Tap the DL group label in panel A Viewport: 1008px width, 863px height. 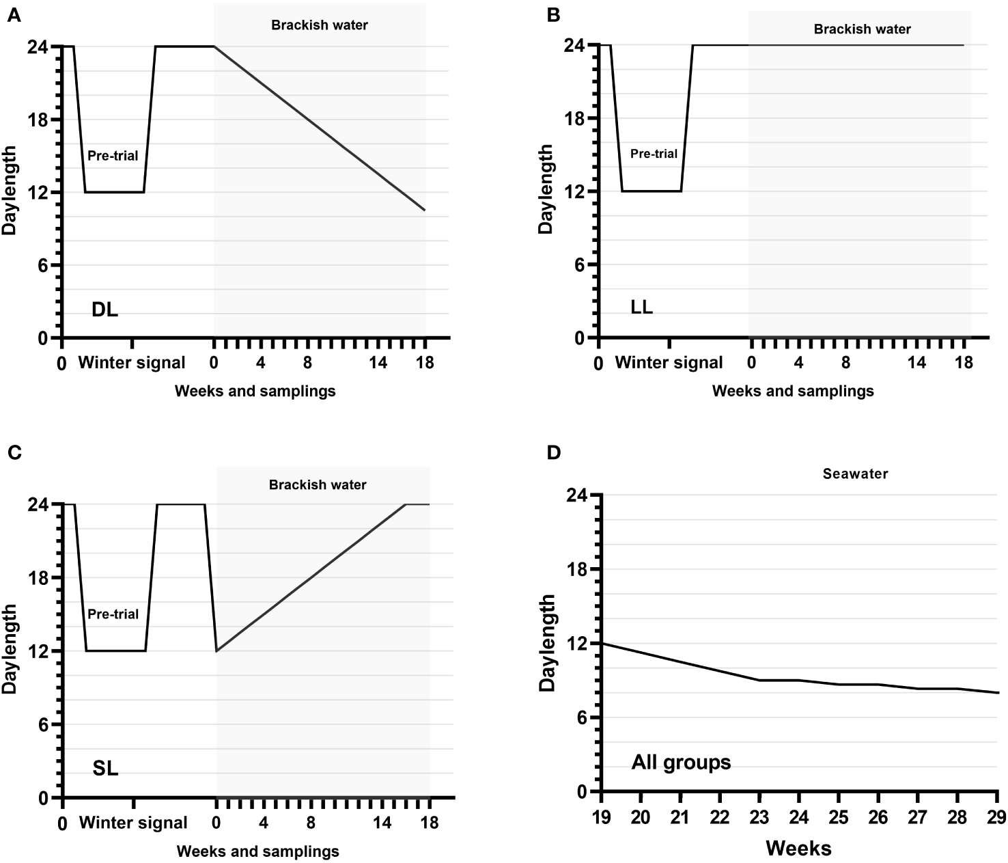[104, 310]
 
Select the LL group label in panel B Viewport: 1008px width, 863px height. [641, 307]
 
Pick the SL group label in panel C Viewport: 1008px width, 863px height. [105, 769]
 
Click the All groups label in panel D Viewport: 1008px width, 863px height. [681, 762]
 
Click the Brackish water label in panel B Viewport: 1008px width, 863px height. [862, 29]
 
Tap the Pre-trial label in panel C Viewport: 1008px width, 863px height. [113, 614]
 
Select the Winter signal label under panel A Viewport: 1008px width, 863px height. [132, 363]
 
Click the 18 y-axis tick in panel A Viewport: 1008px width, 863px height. [38, 120]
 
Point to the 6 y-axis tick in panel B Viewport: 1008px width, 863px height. [580, 265]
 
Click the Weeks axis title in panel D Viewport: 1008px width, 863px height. [798, 849]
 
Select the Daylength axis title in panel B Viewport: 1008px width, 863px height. [546, 189]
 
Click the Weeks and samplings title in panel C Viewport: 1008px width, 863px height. [257, 851]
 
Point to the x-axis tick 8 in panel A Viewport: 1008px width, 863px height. [308, 363]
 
